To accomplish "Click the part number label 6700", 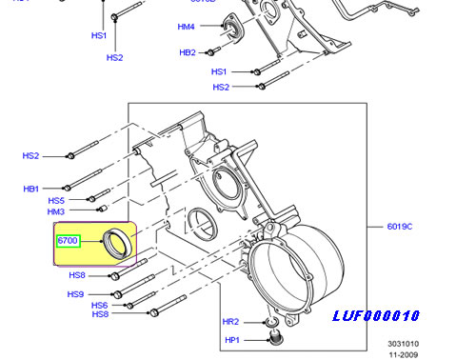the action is point(68,241).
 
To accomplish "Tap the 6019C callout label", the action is point(400,227).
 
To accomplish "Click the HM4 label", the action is point(186,27).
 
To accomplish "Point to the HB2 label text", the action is point(188,52).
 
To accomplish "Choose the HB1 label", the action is point(31,189).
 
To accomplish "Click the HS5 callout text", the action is point(56,201).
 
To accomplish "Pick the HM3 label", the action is point(56,211).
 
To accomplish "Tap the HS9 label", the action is point(75,294).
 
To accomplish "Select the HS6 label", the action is point(100,306).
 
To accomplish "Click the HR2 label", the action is point(230,322).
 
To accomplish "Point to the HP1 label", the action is point(232,340).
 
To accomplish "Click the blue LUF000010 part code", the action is point(376,316).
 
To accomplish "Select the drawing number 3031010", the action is point(404,344).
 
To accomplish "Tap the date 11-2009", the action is point(404,355).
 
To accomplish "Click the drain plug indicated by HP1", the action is point(275,337).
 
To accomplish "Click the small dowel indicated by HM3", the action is point(103,209).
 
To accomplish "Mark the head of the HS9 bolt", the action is point(117,294).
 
